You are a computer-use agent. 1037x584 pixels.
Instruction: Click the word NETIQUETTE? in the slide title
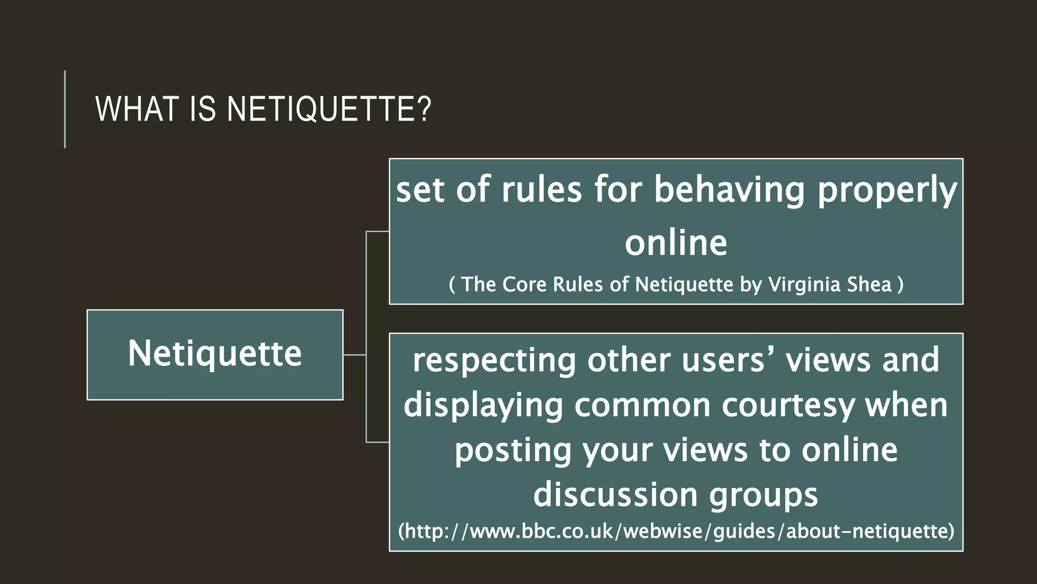329,109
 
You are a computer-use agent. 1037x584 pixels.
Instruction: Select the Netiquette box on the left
215,354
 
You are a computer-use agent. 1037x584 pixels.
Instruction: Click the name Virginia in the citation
804,284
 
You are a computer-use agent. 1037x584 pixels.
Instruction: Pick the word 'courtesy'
788,406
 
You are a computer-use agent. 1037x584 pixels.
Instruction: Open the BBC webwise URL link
676,531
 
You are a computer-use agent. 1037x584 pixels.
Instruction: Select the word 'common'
643,406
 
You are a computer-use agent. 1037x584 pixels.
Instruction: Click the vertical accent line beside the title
65,109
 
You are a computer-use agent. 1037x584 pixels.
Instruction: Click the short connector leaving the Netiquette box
354,355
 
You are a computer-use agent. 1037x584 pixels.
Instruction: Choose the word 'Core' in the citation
525,284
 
